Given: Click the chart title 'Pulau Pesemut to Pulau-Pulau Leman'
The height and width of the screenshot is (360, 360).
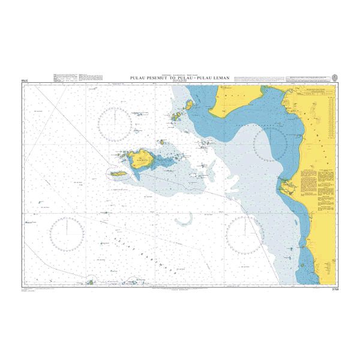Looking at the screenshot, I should click(179, 78).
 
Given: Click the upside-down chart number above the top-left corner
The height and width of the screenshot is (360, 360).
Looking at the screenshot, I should click(25, 80).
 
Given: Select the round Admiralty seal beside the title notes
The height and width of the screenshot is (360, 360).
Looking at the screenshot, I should click(334, 77).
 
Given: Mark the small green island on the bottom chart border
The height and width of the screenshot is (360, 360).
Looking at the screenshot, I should click(90, 281).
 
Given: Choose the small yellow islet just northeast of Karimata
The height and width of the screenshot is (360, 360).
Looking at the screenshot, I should click(163, 142).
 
